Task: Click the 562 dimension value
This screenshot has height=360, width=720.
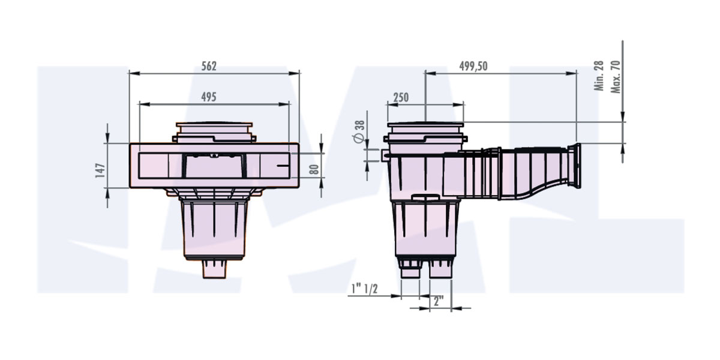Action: tap(208, 66)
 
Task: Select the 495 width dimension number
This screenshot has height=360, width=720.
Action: tap(208, 97)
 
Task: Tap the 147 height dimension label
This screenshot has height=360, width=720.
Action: tap(100, 170)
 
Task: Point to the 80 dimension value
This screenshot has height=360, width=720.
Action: tap(313, 169)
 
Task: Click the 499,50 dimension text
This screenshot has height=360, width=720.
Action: tap(473, 66)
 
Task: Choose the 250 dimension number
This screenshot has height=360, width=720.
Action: tap(401, 97)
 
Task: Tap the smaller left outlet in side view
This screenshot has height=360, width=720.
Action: tap(410, 270)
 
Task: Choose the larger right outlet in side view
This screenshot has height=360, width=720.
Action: tap(440, 269)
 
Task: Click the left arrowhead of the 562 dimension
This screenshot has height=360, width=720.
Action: tap(133, 74)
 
